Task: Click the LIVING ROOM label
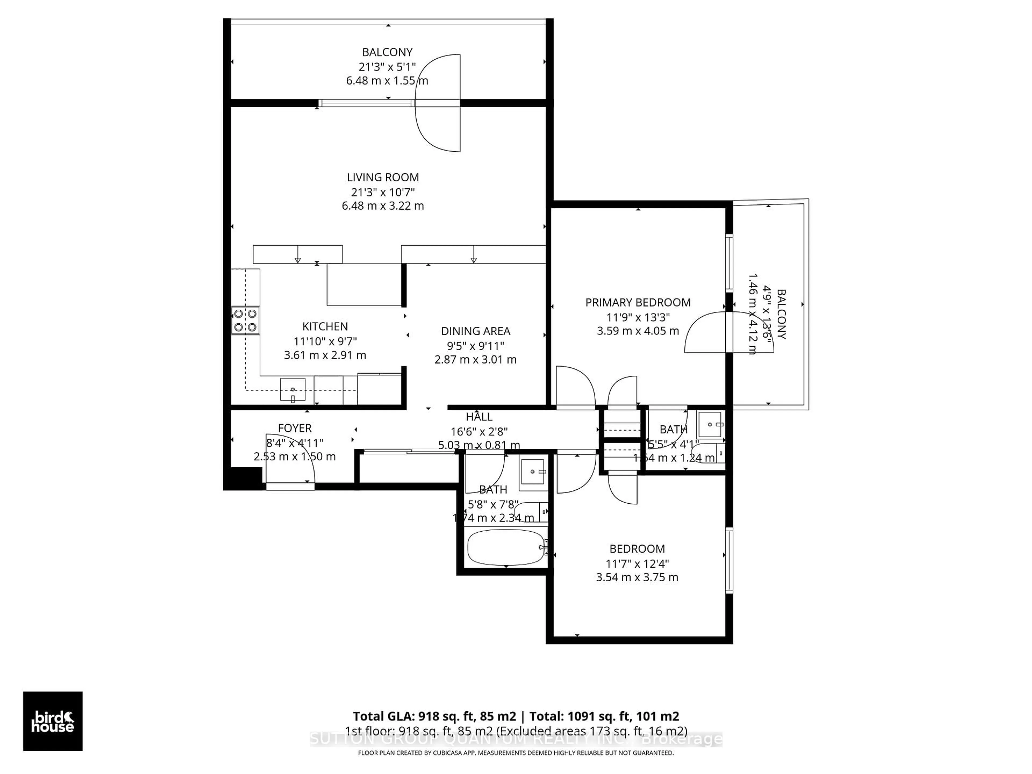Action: [x=383, y=177]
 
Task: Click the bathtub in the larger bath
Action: [x=506, y=547]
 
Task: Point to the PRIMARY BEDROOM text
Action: [x=638, y=302]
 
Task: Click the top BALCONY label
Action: [x=387, y=52]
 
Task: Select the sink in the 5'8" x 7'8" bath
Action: [x=533, y=471]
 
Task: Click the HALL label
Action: [x=479, y=417]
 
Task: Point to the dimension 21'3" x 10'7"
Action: [x=383, y=192]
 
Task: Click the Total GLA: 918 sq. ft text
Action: [x=434, y=716]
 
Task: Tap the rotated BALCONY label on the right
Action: [x=782, y=314]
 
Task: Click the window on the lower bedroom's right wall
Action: [x=729, y=560]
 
